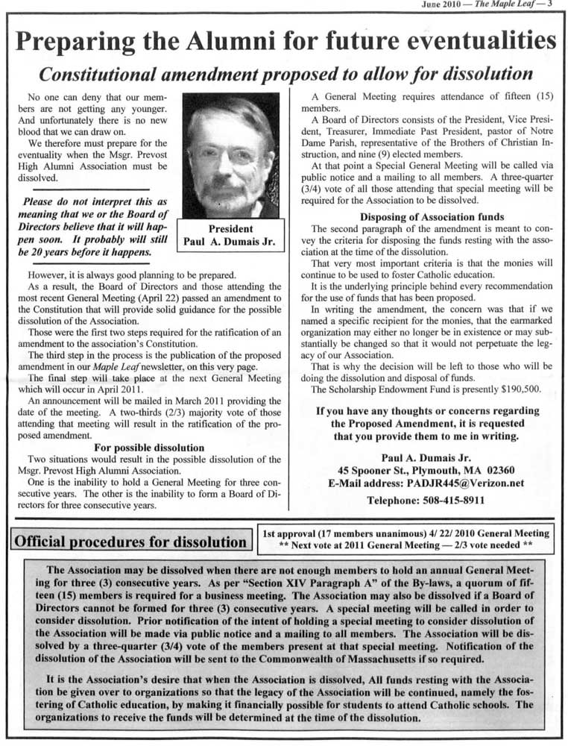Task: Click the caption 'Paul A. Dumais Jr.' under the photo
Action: point(230,242)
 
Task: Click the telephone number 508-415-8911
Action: point(426,501)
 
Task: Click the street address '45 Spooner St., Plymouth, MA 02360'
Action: point(426,469)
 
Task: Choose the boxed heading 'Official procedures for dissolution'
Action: point(130,541)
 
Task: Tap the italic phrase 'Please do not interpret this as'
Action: point(95,202)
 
